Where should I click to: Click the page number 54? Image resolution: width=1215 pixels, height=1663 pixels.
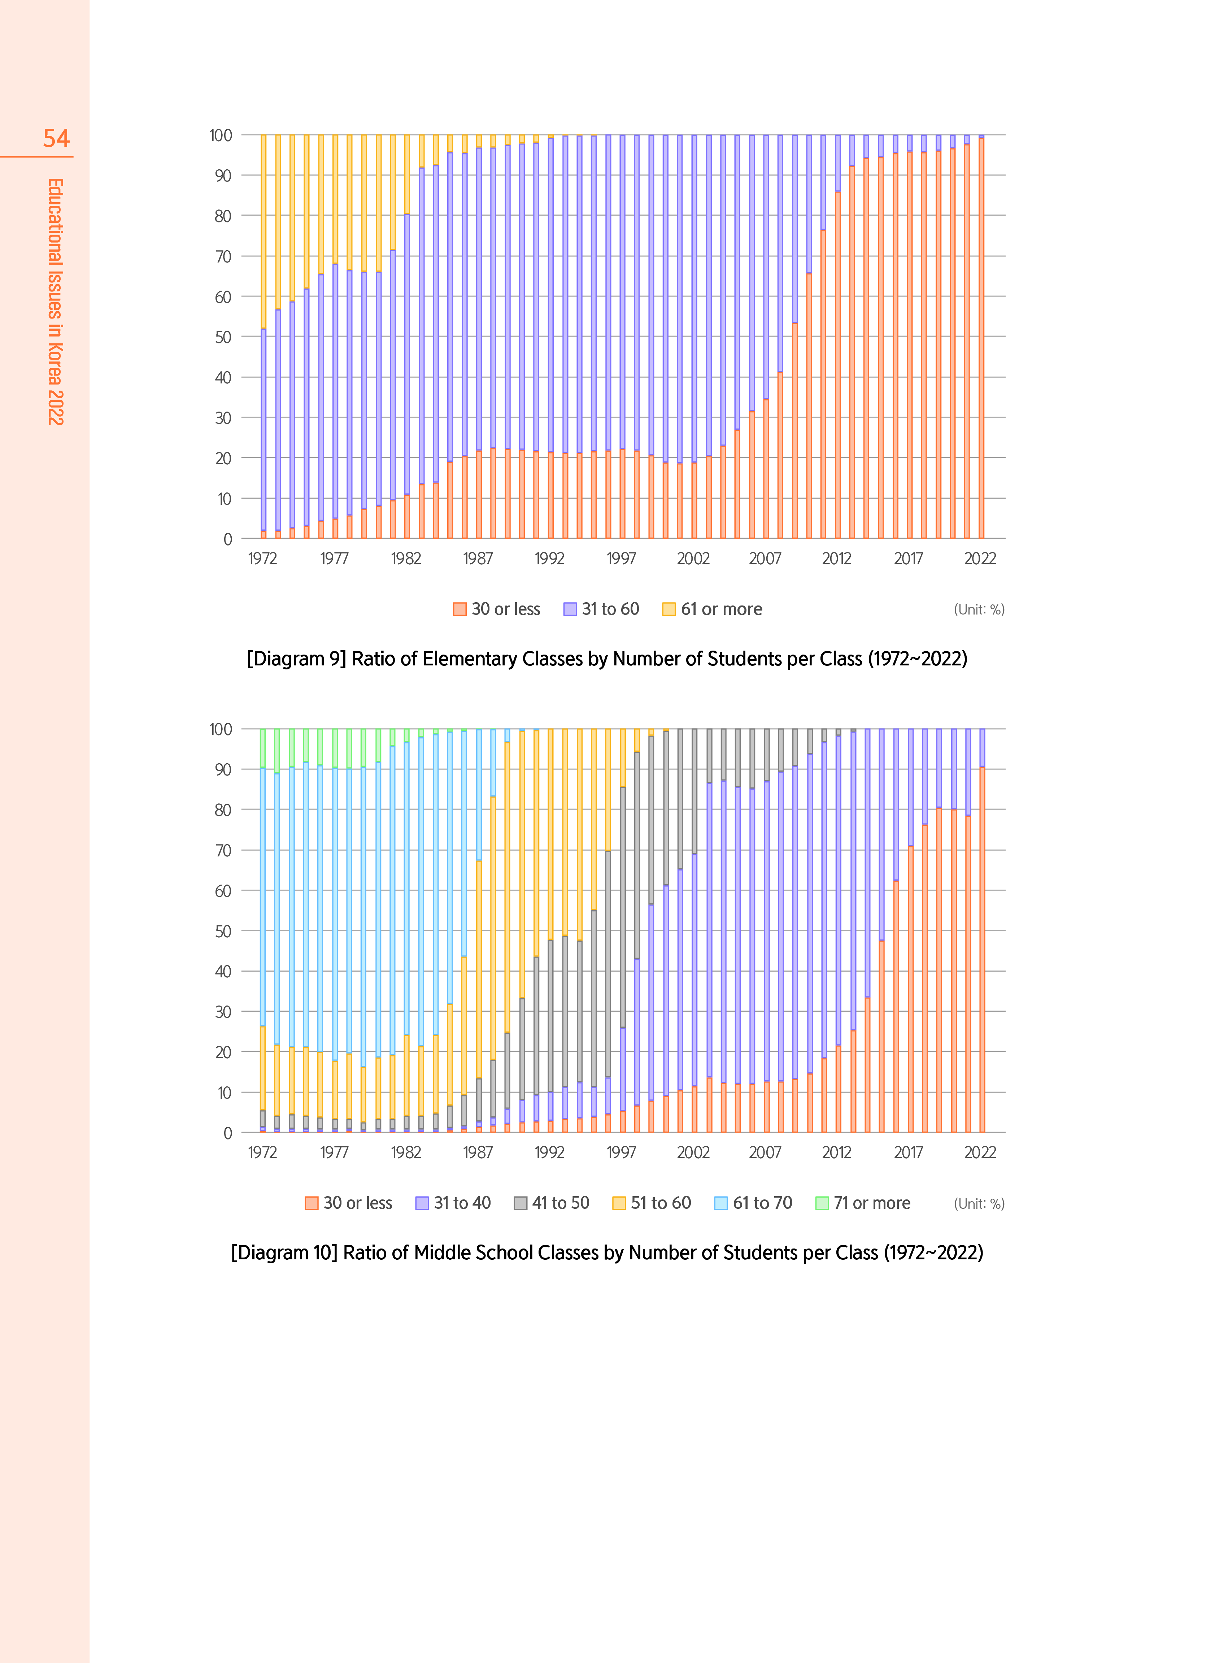pyautogui.click(x=56, y=138)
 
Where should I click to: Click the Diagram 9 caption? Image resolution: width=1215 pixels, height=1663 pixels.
pyautogui.click(x=607, y=659)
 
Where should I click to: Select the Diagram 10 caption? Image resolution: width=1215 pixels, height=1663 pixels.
pyautogui.click(x=607, y=1252)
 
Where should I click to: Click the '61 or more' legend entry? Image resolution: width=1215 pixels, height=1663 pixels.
pyautogui.click(x=712, y=609)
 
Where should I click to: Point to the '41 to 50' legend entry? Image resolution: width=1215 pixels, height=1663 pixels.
pyautogui.click(x=552, y=1203)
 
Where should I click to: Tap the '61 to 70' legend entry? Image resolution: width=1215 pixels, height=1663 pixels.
pyautogui.click(x=753, y=1203)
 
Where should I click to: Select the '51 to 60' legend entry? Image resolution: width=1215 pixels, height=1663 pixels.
pyautogui.click(x=652, y=1203)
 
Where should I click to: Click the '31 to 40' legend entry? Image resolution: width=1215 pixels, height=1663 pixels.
pyautogui.click(x=453, y=1203)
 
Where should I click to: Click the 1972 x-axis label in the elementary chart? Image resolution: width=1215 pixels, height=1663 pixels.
pyautogui.click(x=262, y=559)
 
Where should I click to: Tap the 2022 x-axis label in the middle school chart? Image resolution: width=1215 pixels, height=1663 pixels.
pyautogui.click(x=980, y=1152)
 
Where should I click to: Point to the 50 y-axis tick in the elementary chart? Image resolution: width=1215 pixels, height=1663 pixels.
pyautogui.click(x=223, y=337)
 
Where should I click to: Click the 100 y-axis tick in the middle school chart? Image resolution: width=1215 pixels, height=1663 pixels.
pyautogui.click(x=221, y=729)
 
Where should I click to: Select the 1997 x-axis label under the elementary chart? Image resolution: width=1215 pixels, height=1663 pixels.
pyautogui.click(x=622, y=559)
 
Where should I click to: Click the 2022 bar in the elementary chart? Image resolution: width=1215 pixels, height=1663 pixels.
pyautogui.click(x=981, y=338)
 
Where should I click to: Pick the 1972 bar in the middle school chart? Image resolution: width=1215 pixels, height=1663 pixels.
pyautogui.click(x=262, y=930)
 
